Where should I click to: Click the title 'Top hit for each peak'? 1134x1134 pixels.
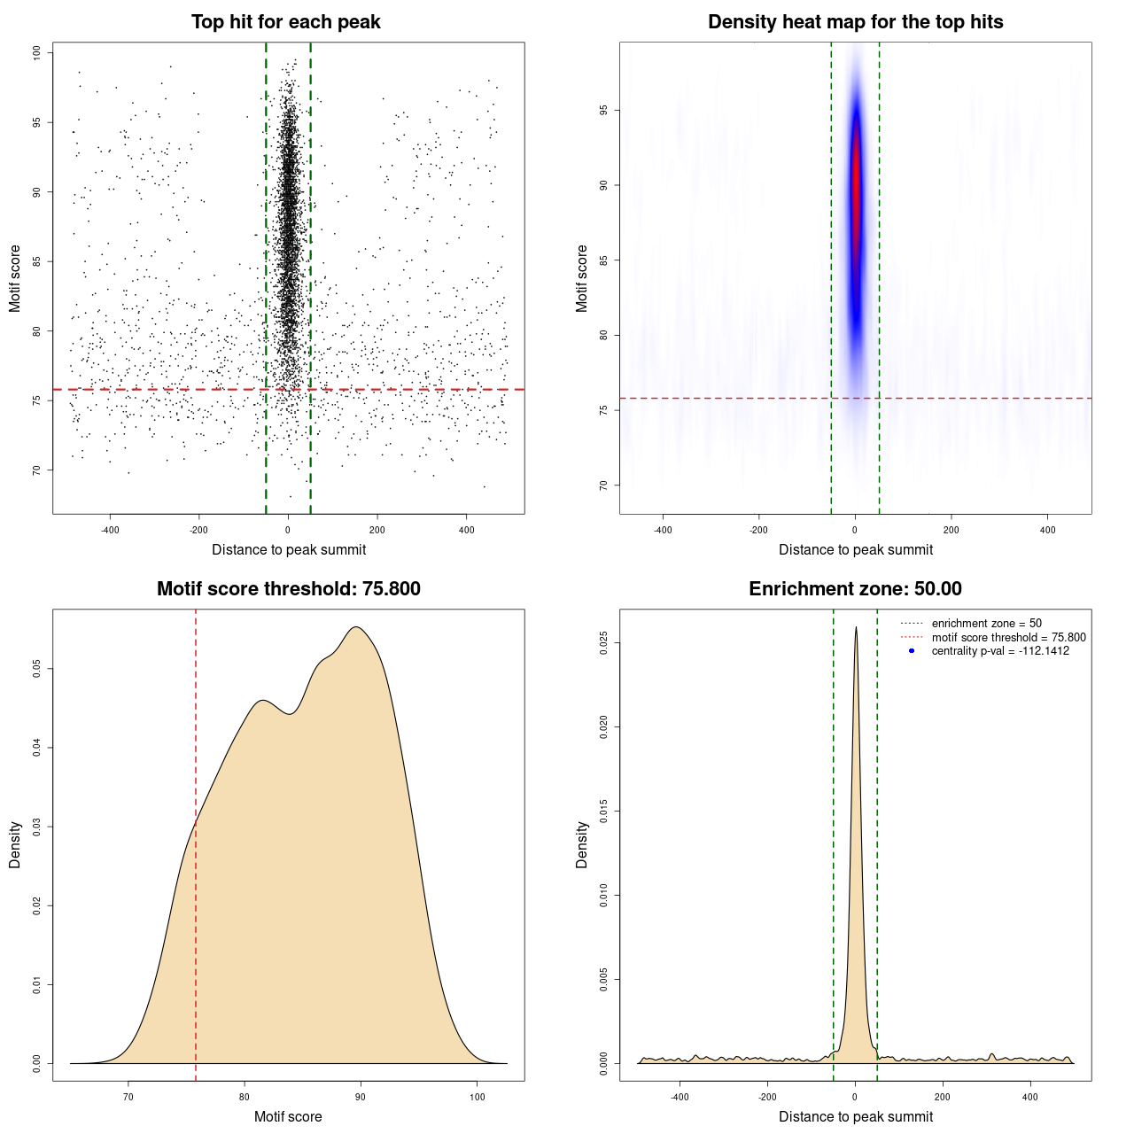[285, 22]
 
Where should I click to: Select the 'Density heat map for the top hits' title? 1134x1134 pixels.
[855, 22]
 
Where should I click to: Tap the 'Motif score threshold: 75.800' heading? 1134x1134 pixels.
[288, 589]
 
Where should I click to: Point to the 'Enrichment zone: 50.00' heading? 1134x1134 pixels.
[855, 589]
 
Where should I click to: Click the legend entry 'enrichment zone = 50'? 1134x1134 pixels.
[986, 624]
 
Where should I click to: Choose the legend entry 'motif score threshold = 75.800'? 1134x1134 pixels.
[1008, 637]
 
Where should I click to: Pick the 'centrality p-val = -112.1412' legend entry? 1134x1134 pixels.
[1000, 651]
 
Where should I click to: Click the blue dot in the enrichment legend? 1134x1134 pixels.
[912, 651]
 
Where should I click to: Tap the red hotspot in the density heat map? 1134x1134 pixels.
[856, 186]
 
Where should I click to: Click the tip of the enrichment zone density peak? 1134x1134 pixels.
[856, 628]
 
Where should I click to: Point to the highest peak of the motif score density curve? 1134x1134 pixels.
[356, 627]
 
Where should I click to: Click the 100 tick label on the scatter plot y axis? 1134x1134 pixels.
[37, 52]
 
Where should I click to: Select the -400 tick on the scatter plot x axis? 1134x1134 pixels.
[110, 530]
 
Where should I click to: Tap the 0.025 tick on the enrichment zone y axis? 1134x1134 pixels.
[604, 642]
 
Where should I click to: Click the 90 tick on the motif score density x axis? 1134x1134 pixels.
[360, 1097]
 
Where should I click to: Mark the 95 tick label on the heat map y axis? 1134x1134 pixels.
[604, 110]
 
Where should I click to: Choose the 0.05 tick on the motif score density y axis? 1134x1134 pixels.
[37, 669]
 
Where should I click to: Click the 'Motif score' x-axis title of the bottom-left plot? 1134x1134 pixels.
[288, 1116]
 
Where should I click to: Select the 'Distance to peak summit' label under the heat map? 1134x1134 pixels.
[855, 549]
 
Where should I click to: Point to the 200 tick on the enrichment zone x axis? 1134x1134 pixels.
[943, 1097]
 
